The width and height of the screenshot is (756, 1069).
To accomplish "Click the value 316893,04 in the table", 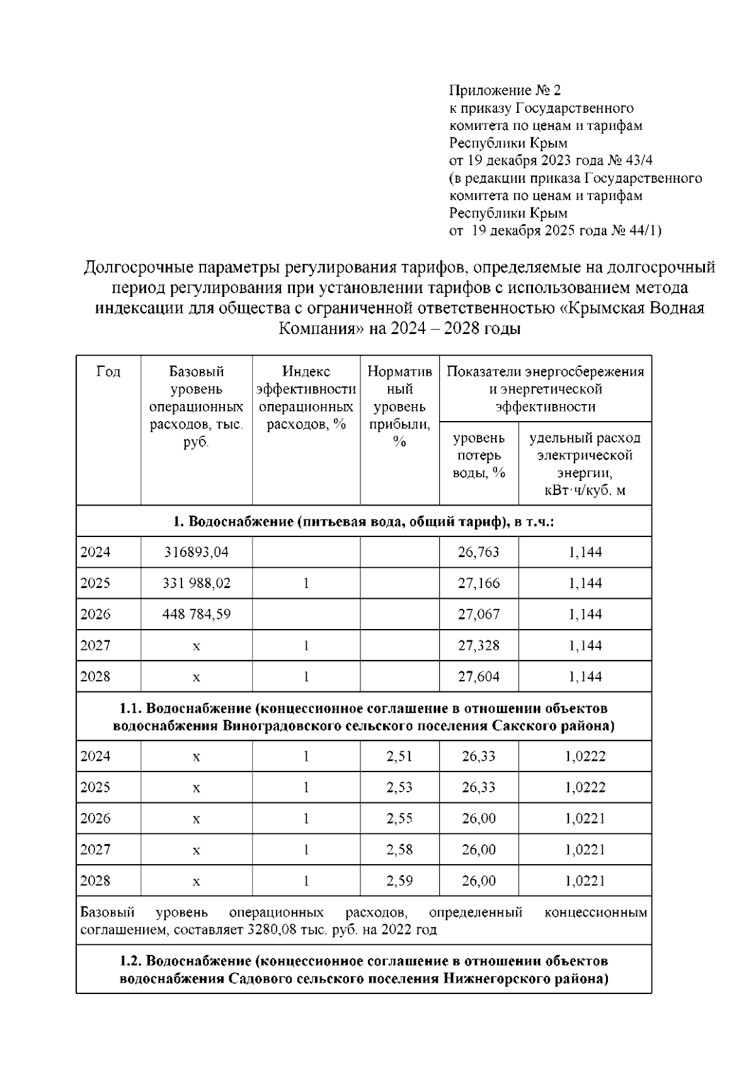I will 196,552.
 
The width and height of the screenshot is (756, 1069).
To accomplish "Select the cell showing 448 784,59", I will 196,614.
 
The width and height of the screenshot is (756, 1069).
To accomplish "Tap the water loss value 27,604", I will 479,676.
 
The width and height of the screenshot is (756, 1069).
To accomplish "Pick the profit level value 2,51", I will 399,756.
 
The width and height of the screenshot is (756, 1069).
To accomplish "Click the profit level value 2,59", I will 399,881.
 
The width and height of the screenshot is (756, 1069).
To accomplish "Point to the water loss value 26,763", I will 479,552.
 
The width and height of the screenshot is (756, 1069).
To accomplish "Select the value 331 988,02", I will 196,583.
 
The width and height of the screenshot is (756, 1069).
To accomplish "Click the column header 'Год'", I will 108,372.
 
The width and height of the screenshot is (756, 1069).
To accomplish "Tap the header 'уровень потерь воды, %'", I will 479,455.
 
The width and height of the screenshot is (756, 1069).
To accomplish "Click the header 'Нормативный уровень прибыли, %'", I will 399,407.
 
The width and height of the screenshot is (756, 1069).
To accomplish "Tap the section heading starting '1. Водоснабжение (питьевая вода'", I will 364,522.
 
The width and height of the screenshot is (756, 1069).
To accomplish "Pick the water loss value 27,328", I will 479,645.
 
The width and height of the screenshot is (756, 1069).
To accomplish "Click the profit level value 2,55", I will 399,818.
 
